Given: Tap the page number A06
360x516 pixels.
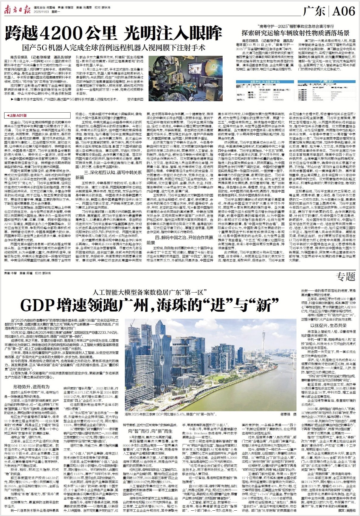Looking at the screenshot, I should [x=344, y=11].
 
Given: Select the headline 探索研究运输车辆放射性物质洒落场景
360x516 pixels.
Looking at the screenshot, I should [x=295, y=33].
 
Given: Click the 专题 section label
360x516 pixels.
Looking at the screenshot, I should [x=346, y=277].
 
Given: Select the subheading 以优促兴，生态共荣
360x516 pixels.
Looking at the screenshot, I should [x=328, y=326].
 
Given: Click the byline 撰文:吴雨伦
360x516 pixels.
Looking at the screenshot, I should [x=347, y=511].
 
